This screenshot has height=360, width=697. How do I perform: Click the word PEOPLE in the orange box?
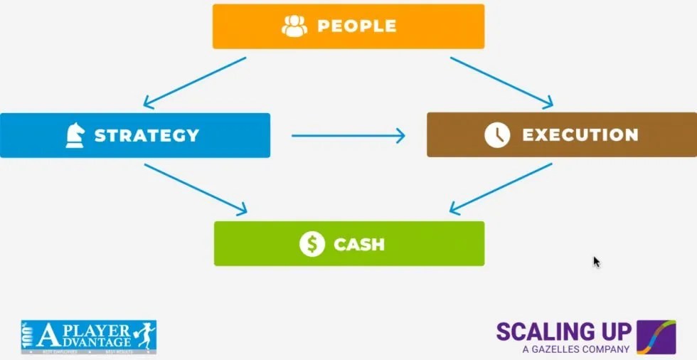[x=356, y=26]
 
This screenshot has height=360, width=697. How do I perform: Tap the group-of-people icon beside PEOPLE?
[x=294, y=26]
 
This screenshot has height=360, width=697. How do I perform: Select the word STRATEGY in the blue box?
[x=147, y=135]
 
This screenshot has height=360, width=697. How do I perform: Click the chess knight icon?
[x=75, y=135]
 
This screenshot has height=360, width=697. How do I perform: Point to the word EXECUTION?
[x=580, y=134]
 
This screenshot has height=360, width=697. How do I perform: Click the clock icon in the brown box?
[x=497, y=134]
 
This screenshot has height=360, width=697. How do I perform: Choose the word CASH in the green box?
[x=359, y=244]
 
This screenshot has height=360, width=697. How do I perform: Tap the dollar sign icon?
[x=312, y=244]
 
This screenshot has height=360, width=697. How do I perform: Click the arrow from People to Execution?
[x=501, y=83]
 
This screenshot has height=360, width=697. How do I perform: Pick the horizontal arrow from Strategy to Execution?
[x=348, y=135]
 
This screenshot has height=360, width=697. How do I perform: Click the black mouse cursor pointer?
[x=597, y=262]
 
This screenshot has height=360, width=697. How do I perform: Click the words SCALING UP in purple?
[x=563, y=332]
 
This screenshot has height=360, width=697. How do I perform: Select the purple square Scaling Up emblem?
[x=656, y=337]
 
